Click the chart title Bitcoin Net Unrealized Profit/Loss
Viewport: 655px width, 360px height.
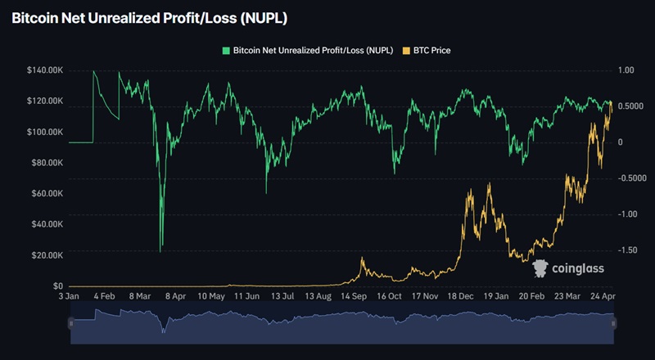[148, 17]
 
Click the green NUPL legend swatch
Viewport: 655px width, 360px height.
[226, 50]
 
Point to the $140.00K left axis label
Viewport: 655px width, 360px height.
[46, 70]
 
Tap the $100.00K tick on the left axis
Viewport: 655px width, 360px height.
[46, 132]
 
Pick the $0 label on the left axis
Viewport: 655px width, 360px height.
[58, 286]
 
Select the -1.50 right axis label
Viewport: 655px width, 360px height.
[626, 250]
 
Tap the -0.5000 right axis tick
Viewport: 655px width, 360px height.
[631, 178]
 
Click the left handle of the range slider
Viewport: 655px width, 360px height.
[70, 324]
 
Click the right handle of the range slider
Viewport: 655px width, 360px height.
[613, 324]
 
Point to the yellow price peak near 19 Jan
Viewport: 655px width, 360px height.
[490, 184]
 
